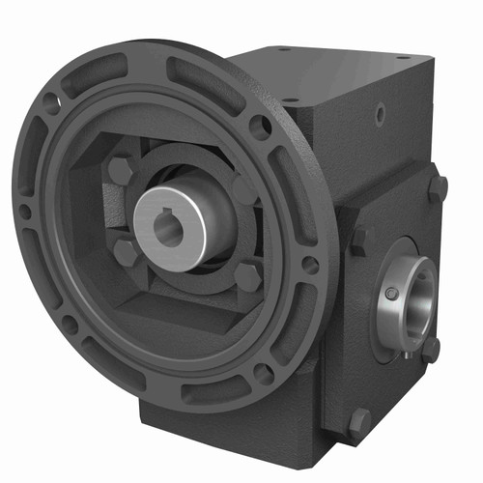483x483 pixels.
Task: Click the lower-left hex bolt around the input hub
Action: (x=126, y=253)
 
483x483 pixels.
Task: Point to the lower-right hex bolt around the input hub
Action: (x=247, y=277)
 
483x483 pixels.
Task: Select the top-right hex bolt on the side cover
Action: (x=438, y=187)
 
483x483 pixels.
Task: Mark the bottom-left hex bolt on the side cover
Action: (x=359, y=420)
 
